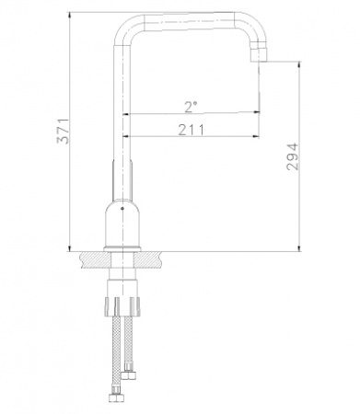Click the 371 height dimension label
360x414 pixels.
tap(64, 131)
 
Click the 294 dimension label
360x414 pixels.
tap(292, 156)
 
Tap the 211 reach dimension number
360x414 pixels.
tap(192, 130)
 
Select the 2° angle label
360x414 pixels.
tap(191, 107)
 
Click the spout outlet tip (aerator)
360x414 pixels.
tap(260, 54)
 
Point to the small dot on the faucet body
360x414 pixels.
tap(122, 209)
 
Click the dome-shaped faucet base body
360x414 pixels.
tap(122, 224)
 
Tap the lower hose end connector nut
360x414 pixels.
tap(117, 397)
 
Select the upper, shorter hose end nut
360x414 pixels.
tap(129, 374)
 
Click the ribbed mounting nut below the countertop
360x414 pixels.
tap(122, 306)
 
